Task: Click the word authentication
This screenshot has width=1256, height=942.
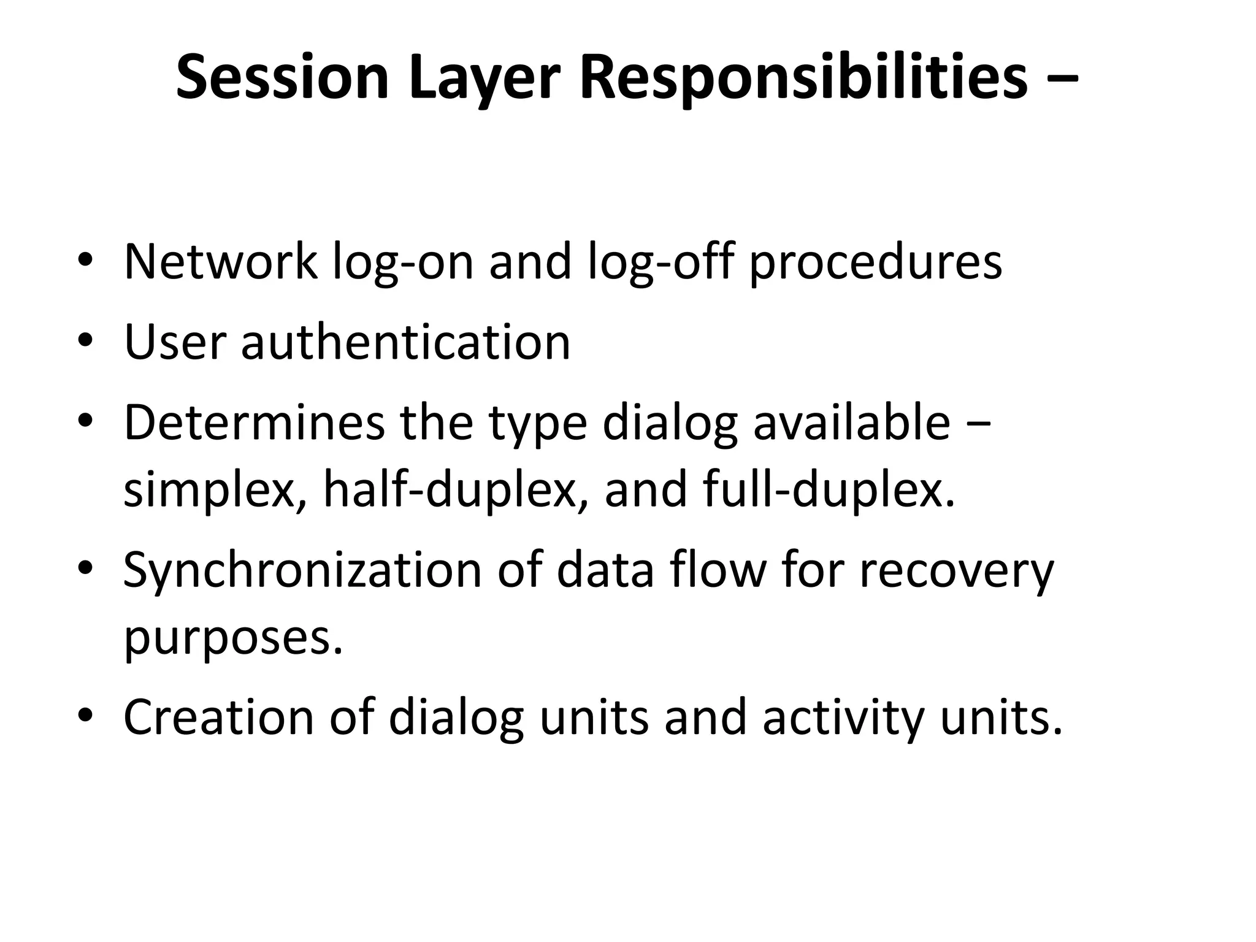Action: click(405, 342)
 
